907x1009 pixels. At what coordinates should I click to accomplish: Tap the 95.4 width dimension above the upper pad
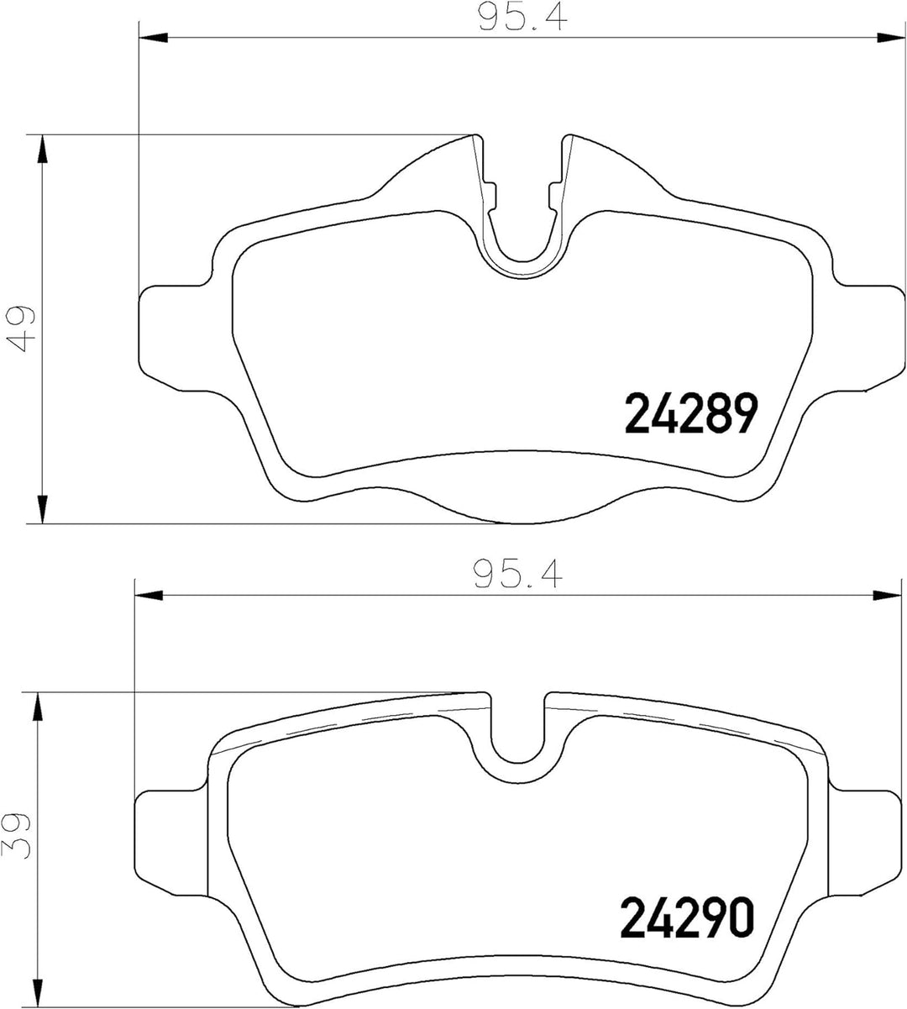[522, 18]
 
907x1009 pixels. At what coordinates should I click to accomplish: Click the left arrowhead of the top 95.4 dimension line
[152, 38]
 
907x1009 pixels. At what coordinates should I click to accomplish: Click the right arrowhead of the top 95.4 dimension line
[890, 38]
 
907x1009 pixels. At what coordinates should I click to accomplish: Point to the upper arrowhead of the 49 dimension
[43, 150]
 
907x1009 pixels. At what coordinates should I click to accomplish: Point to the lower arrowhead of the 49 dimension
[43, 509]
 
